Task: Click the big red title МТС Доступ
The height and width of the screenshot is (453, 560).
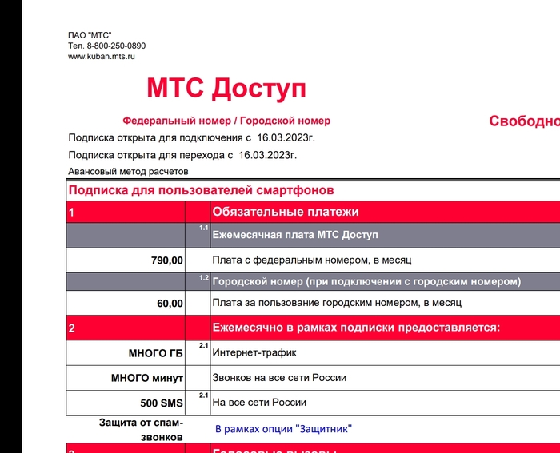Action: [x=226, y=88]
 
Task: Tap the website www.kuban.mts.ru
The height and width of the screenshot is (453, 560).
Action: [x=102, y=57]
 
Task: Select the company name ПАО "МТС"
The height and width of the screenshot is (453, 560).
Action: [x=90, y=35]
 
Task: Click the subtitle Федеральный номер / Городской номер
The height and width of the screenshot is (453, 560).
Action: [x=226, y=121]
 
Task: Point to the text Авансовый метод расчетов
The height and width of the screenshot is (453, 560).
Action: [x=128, y=171]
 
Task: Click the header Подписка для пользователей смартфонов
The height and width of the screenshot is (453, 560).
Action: [x=201, y=190]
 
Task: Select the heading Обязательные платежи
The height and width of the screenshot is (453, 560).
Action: [x=286, y=212]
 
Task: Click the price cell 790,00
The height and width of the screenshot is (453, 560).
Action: [x=167, y=260]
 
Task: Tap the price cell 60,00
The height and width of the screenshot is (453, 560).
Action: [x=170, y=304]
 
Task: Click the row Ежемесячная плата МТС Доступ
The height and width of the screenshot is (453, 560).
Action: [x=295, y=235]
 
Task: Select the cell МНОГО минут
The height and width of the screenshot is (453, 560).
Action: [x=147, y=378]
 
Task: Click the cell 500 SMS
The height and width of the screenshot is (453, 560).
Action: [x=162, y=403]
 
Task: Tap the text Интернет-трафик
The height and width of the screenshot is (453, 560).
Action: [x=254, y=352]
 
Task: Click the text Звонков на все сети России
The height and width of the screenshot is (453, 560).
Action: [x=279, y=377]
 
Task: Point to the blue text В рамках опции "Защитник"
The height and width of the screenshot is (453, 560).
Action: [x=283, y=429]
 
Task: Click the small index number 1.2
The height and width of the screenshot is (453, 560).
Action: [x=203, y=277]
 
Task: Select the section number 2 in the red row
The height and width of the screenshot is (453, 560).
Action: [x=72, y=328]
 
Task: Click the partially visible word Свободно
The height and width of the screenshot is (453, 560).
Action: [x=524, y=121]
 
